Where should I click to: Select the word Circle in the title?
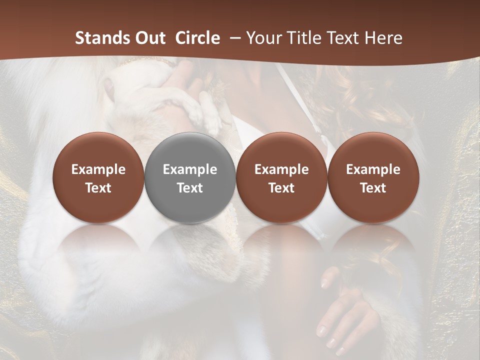point(197,38)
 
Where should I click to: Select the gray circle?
point(190,177)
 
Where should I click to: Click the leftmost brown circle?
point(98,177)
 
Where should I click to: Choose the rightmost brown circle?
point(373,177)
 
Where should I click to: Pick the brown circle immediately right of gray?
point(281,177)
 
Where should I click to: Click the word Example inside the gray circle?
point(190,169)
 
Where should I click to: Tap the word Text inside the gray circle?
point(190,188)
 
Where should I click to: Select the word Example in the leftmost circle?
point(98,169)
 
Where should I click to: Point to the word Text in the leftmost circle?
point(98,188)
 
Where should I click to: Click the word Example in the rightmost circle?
point(373,169)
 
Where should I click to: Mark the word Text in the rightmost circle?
point(373,188)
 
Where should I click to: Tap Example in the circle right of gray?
point(281,169)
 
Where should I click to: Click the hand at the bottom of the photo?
point(345,315)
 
